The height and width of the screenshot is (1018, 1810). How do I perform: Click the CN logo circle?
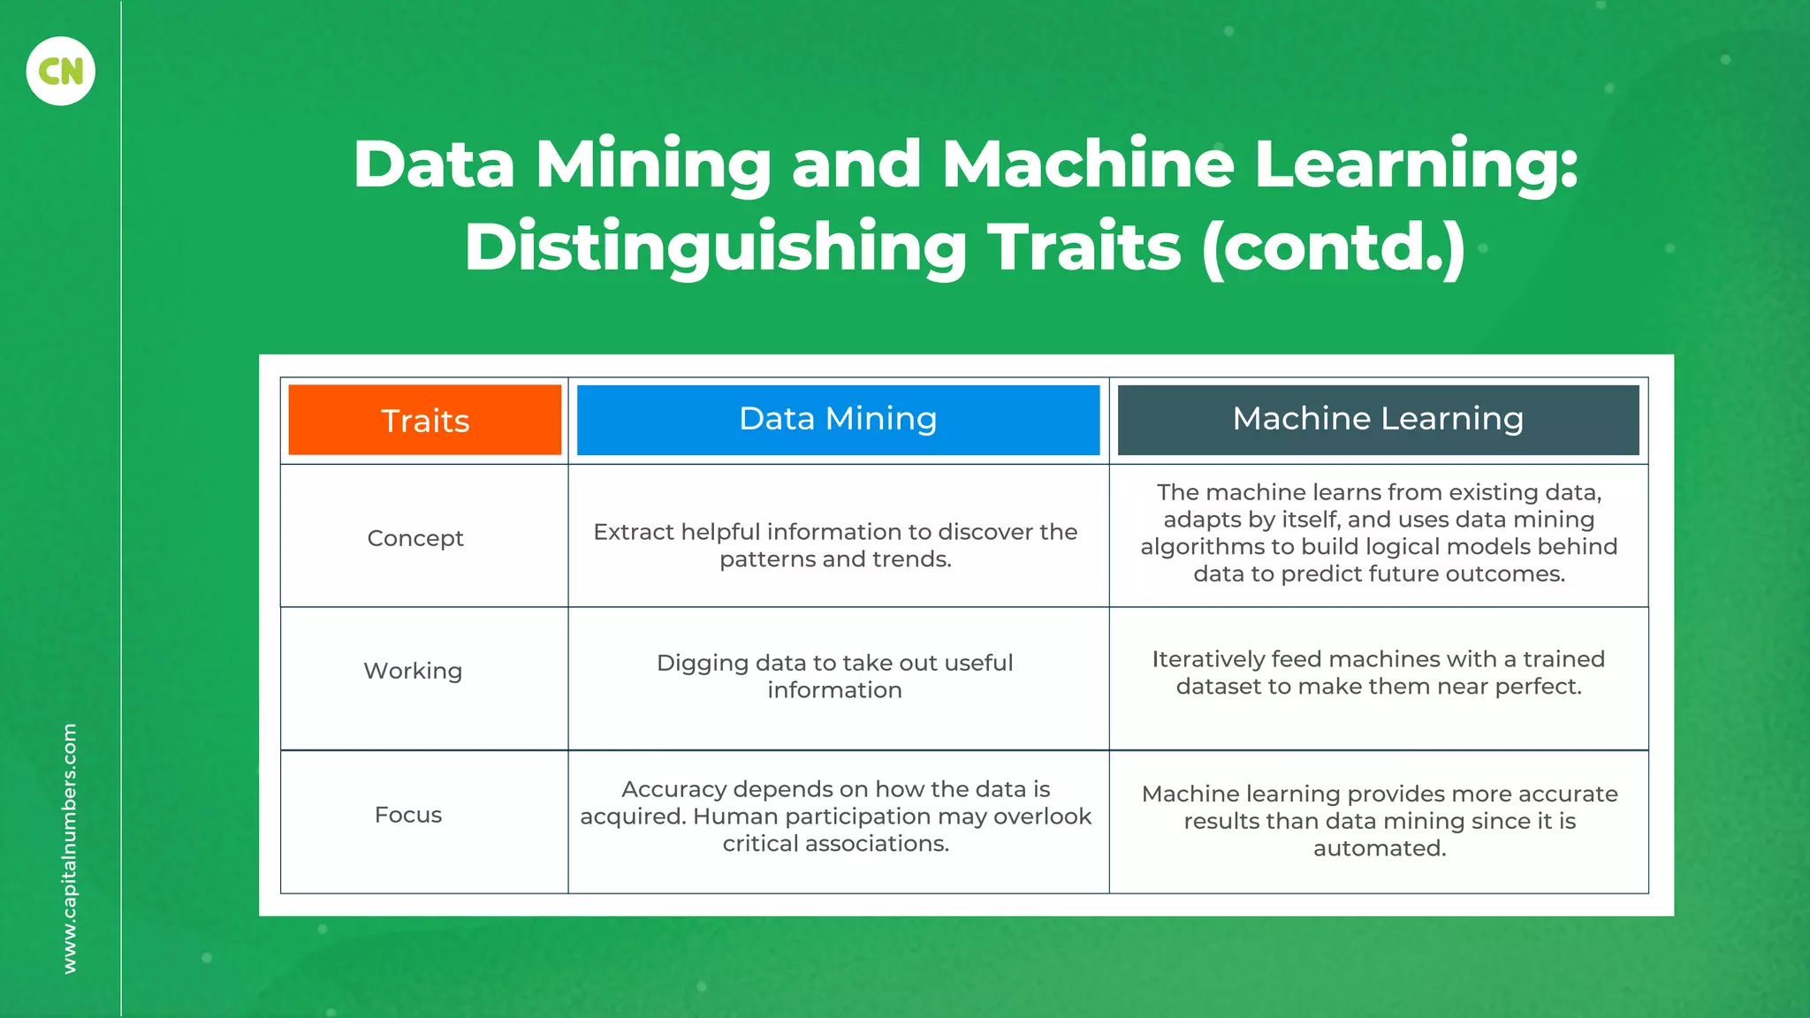point(60,71)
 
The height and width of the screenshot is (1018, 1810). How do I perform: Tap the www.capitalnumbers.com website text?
point(70,848)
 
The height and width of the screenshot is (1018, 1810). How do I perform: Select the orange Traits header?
point(425,420)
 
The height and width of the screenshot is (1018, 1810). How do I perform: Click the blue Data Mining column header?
point(838,419)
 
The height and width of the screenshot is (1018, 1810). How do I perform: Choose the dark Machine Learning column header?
point(1378,419)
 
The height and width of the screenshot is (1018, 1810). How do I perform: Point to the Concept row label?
point(415,538)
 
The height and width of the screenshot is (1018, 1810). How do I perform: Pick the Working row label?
point(413,671)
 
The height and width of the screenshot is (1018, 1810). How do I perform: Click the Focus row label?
point(408,815)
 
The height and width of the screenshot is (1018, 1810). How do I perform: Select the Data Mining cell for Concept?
point(835,545)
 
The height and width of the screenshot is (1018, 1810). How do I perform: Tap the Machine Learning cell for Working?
point(1379,672)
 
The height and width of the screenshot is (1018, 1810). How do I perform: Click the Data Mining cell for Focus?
point(835,816)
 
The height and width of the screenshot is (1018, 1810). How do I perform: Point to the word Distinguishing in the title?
point(716,247)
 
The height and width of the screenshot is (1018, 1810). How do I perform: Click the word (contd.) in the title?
point(1334,247)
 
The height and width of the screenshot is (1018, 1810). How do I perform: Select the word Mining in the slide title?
point(653,165)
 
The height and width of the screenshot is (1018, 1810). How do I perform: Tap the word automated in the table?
point(1380,848)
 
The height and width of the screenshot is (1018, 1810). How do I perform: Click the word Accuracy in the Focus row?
point(673,789)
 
